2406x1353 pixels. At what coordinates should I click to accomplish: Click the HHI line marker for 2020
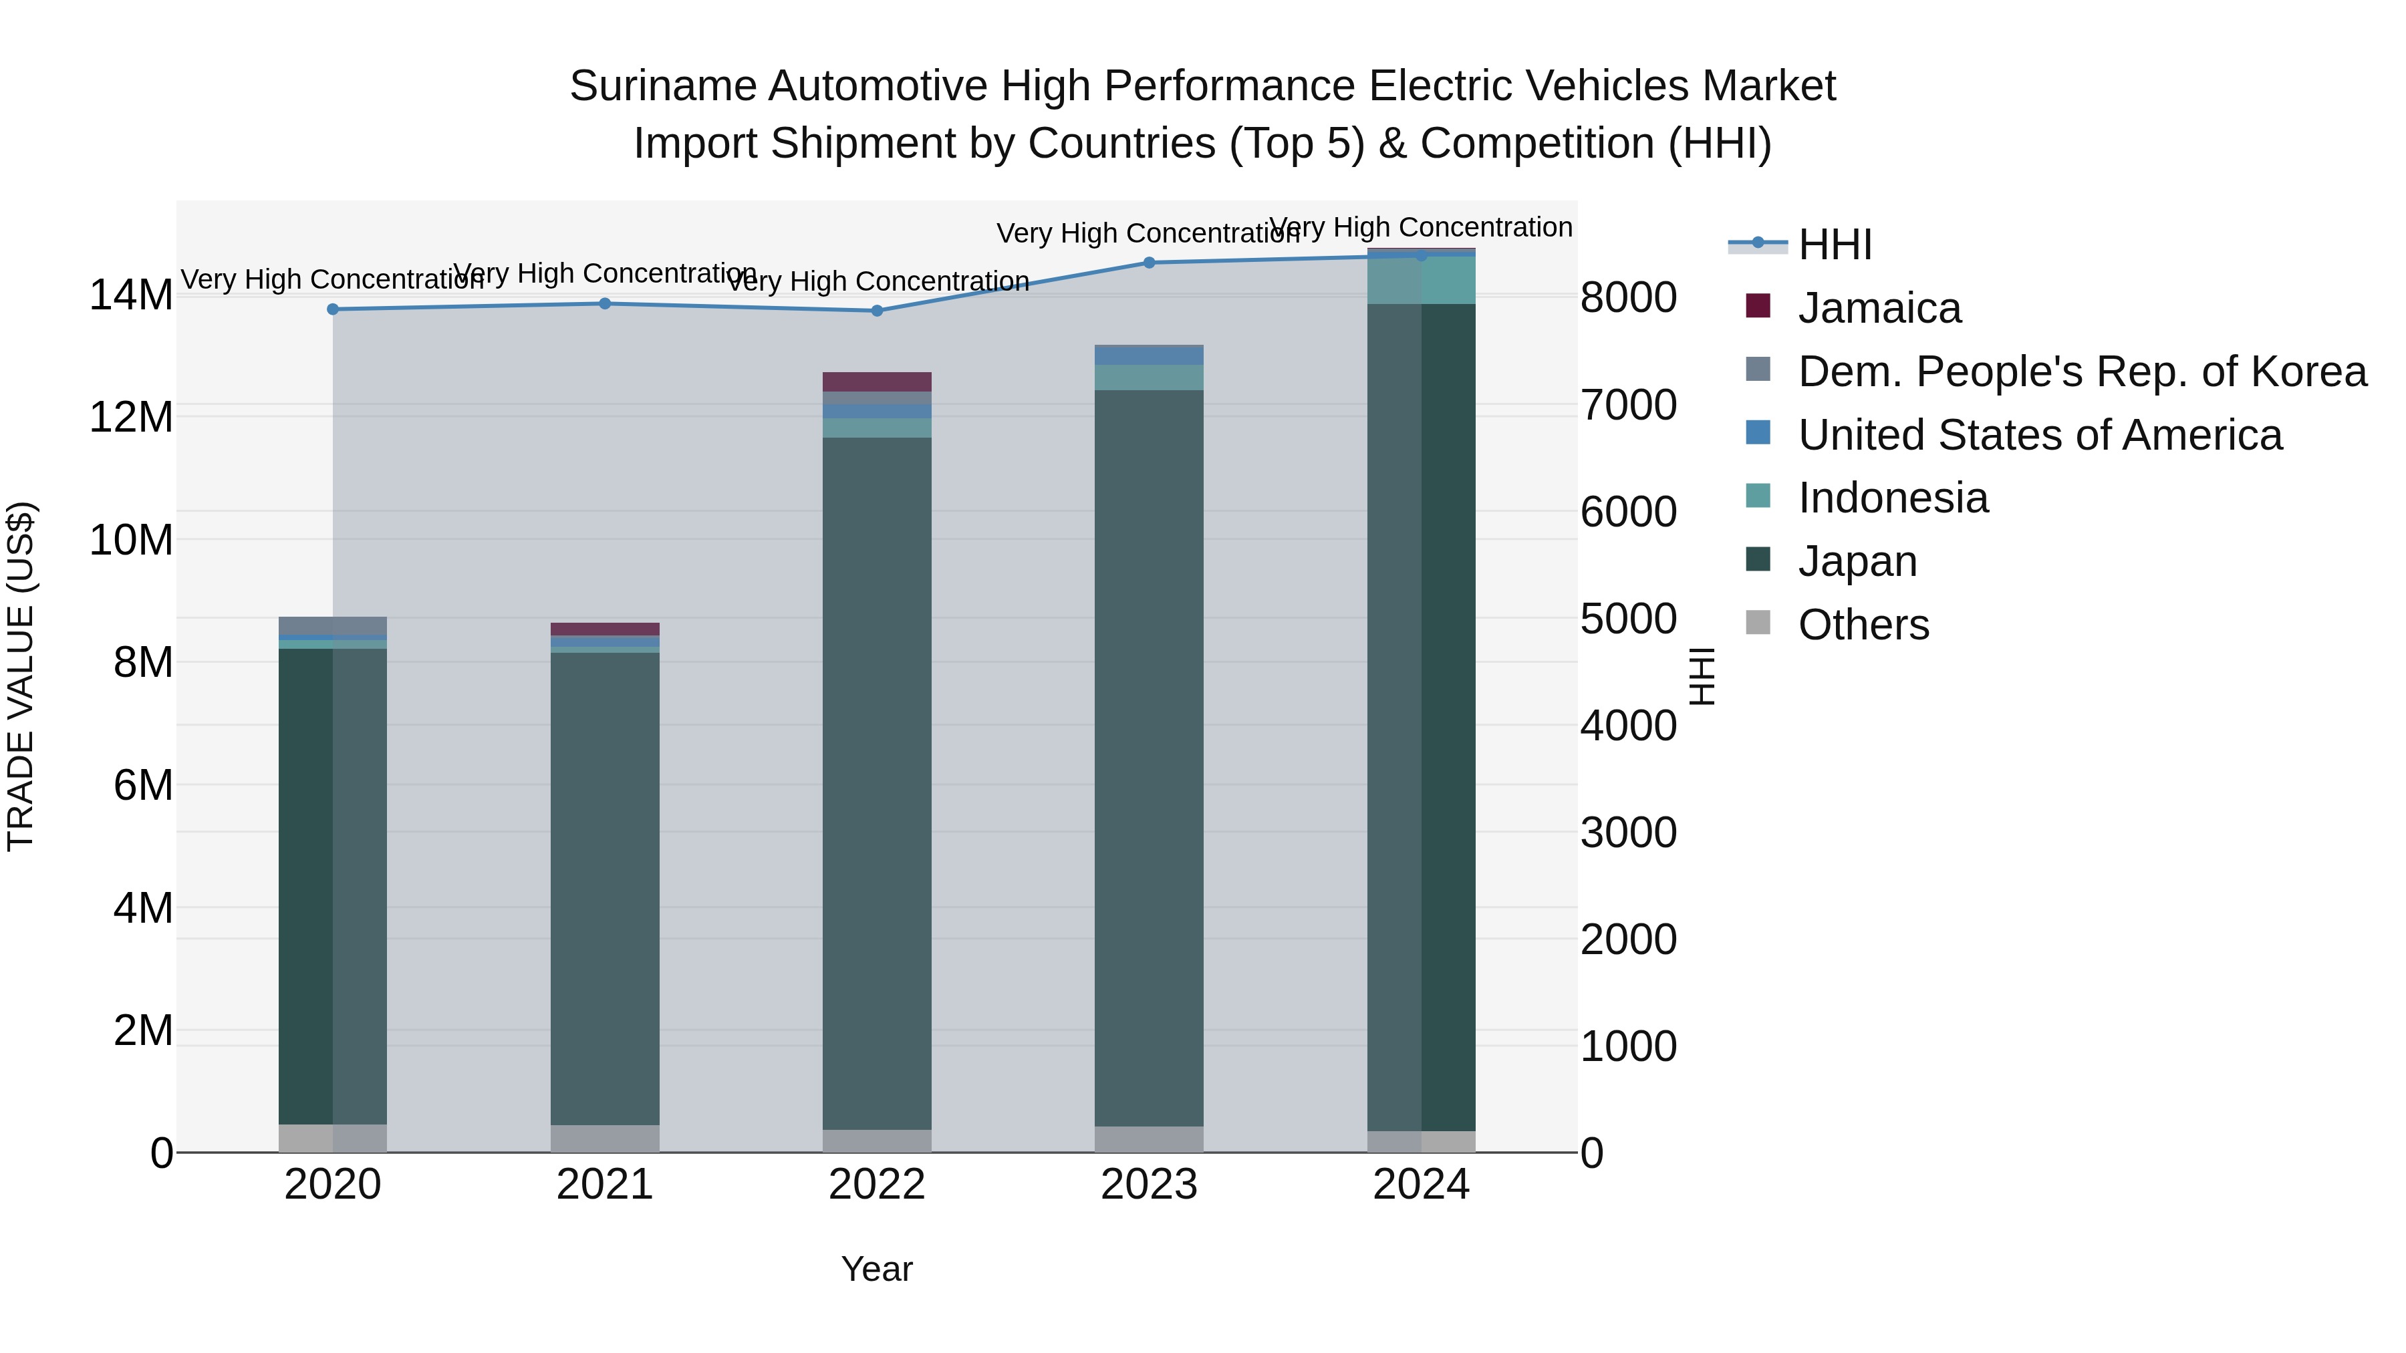pyautogui.click(x=333, y=309)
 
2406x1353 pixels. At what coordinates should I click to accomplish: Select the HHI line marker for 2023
pyautogui.click(x=1149, y=263)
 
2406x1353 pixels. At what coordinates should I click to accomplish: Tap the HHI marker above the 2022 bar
pyautogui.click(x=876, y=311)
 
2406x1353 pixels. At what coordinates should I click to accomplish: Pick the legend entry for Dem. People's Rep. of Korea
pyautogui.click(x=2081, y=371)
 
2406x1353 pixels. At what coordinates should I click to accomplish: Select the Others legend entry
pyautogui.click(x=1863, y=625)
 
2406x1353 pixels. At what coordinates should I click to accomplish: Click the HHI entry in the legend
pyautogui.click(x=1835, y=245)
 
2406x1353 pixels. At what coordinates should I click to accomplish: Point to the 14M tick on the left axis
pyautogui.click(x=131, y=295)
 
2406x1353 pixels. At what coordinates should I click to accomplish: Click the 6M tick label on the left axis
pyautogui.click(x=143, y=785)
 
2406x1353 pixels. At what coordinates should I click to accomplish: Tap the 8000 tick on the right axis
pyautogui.click(x=1628, y=298)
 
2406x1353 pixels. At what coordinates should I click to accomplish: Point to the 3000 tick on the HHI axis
pyautogui.click(x=1628, y=833)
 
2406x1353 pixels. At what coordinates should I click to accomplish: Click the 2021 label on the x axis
pyautogui.click(x=604, y=1185)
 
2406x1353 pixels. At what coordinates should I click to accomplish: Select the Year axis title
pyautogui.click(x=876, y=1269)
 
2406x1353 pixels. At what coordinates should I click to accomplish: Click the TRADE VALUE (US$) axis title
pyautogui.click(x=21, y=676)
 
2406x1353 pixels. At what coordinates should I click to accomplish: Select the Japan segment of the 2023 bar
pyautogui.click(x=1149, y=756)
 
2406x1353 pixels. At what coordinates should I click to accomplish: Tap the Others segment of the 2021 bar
pyautogui.click(x=604, y=1139)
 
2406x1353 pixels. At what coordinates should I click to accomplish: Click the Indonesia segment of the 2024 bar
pyautogui.click(x=1421, y=280)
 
